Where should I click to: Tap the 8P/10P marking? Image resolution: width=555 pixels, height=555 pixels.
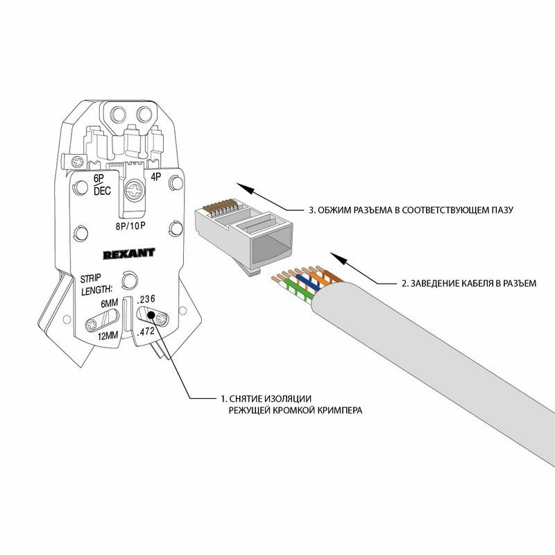[x=132, y=225]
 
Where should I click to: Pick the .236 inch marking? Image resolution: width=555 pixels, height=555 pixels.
[x=147, y=299]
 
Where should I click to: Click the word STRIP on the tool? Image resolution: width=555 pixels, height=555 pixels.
[x=91, y=277]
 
